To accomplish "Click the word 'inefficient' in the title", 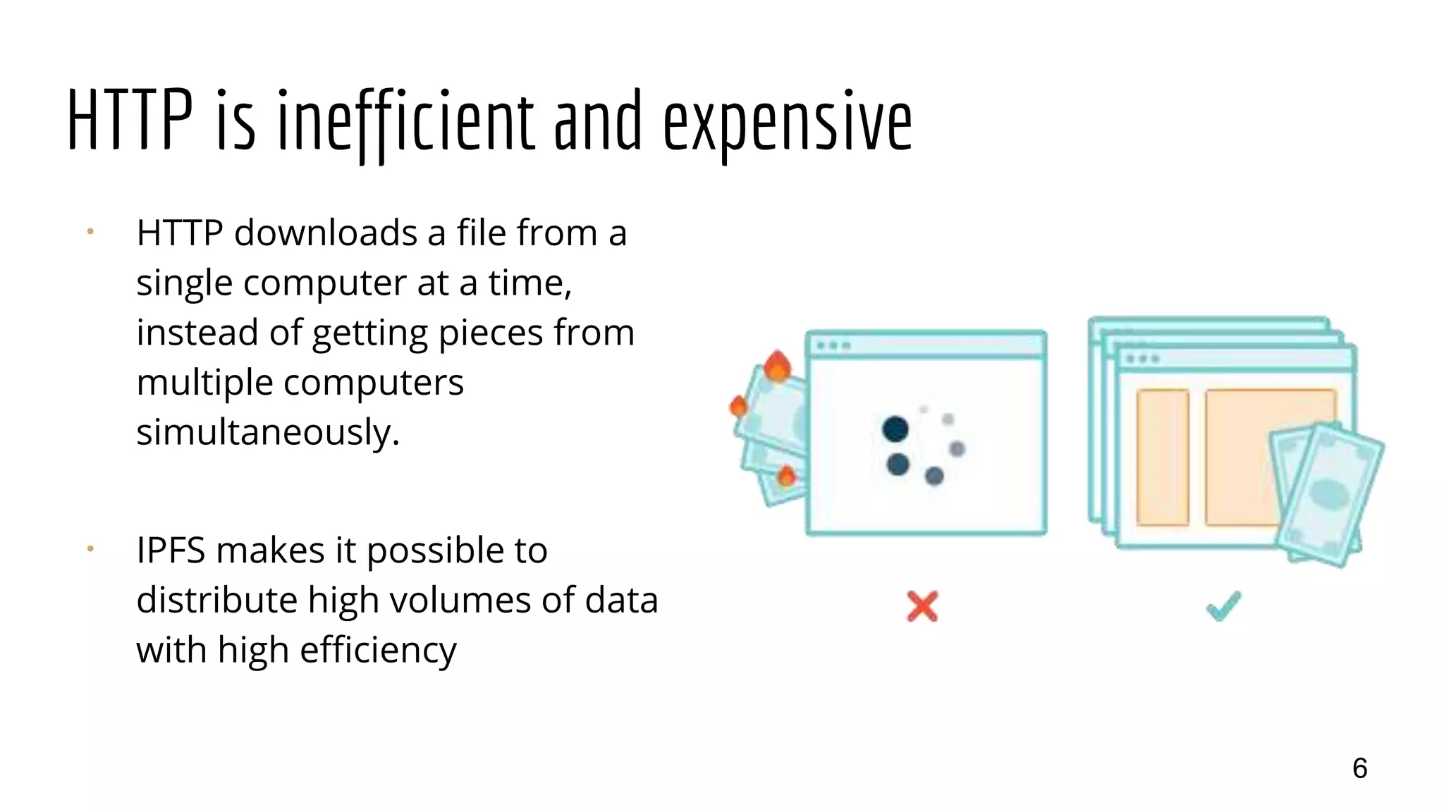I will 405,121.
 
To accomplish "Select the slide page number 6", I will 1359,768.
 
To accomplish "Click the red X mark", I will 922,606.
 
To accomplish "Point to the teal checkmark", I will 1223,605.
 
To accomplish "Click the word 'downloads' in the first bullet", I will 326,233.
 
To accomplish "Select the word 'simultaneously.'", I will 268,432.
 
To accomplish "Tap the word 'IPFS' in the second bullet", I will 171,550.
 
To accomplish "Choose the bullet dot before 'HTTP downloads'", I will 90,231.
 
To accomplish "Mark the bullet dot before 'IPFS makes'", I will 90,548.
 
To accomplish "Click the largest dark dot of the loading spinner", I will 895,429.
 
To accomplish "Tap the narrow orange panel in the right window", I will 1163,457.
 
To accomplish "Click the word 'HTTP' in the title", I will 130,121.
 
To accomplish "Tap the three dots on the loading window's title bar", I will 833,345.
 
